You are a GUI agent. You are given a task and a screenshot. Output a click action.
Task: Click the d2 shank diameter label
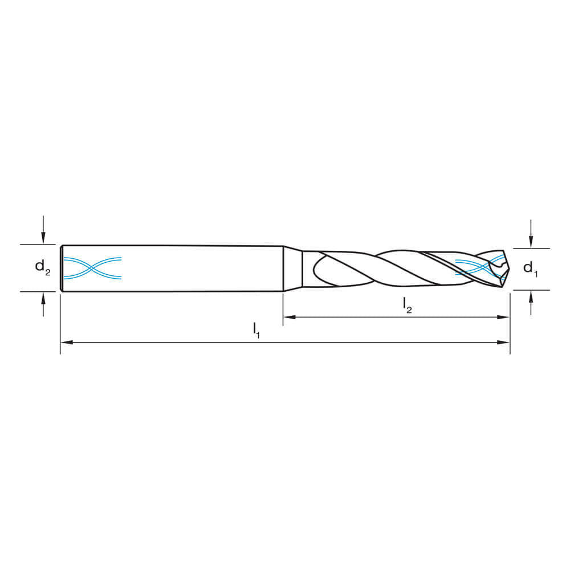pos(42,267)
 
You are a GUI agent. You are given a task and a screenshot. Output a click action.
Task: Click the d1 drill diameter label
pos(530,268)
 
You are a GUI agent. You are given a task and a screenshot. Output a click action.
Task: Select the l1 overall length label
pos(256,329)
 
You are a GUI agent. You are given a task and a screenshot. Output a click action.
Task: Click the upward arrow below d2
pos(43,298)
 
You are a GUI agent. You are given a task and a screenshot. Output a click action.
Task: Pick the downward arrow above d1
pos(531,242)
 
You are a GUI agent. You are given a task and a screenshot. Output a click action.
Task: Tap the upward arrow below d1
pos(531,296)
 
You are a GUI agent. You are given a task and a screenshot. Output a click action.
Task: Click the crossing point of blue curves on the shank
pos(92,268)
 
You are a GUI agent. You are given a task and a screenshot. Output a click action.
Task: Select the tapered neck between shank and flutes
pos(293,268)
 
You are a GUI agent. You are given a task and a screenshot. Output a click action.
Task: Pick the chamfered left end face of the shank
pos(61,268)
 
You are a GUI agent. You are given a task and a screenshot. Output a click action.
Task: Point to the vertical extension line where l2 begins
pos(283,308)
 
